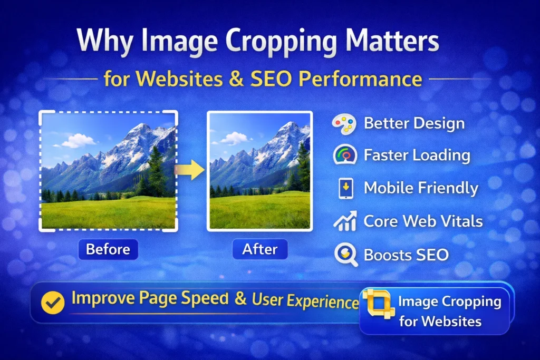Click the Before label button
[x=108, y=249]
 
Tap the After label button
[x=260, y=249]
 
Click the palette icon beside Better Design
[x=344, y=124]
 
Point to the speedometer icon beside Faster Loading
[x=345, y=155]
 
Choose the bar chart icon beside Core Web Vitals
[x=345, y=221]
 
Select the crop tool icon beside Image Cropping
[x=378, y=304]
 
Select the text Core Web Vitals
[x=423, y=221]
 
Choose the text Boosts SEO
[x=406, y=255]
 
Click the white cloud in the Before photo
[x=78, y=141]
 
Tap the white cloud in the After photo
[x=234, y=138]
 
